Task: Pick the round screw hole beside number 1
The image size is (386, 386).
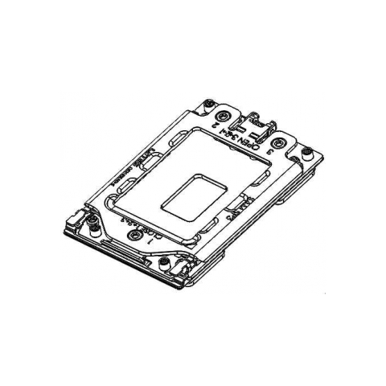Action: (133, 235)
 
